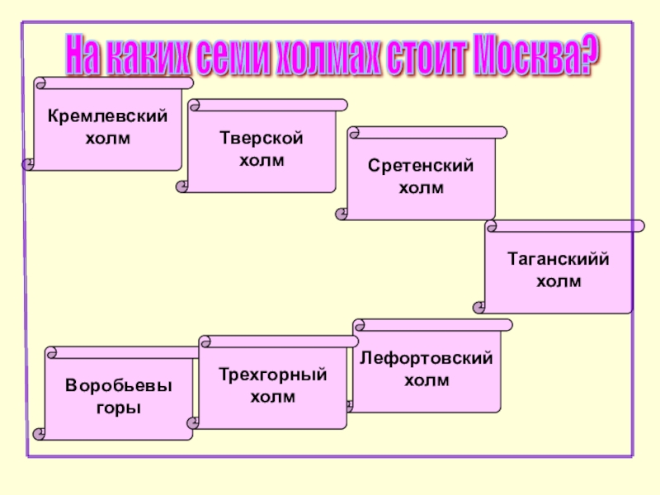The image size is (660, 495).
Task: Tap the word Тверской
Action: pos(262,138)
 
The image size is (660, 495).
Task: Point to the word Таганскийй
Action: pos(559,260)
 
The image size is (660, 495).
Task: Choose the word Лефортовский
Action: pos(427,360)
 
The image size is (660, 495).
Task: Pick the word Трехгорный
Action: pos(273,376)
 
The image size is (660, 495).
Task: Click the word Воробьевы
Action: pos(120,386)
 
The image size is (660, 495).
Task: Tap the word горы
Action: pos(120,408)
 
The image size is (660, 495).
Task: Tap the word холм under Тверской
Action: pos(262,159)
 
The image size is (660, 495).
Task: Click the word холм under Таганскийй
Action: pos(559,281)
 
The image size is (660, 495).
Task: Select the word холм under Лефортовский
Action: pos(427,380)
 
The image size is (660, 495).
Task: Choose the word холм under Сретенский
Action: pos(421,188)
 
